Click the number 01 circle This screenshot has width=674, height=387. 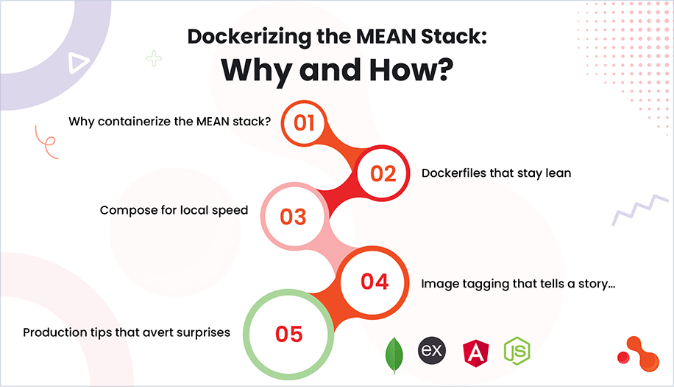[x=305, y=122]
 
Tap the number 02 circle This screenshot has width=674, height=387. [x=383, y=173]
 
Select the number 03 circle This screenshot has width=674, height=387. [x=292, y=217]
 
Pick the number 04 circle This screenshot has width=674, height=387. [x=374, y=281]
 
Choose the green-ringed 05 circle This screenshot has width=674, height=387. [x=289, y=333]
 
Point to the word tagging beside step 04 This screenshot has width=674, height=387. [x=479, y=283]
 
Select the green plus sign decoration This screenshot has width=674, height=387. [x=154, y=58]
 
